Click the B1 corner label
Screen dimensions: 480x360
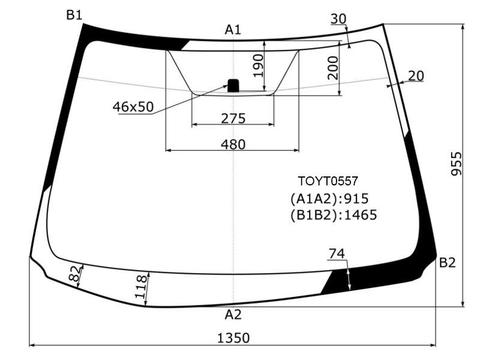[74, 14]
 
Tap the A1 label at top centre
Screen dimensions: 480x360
[233, 29]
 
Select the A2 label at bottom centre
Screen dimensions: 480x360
[233, 314]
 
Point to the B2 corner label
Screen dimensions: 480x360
[447, 263]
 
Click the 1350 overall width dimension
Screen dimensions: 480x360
[233, 338]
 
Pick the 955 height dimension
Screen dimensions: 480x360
[457, 164]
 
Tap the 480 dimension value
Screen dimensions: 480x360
[233, 144]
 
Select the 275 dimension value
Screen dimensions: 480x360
[233, 118]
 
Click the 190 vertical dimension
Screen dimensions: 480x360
[258, 65]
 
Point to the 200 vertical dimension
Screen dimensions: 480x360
[333, 68]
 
